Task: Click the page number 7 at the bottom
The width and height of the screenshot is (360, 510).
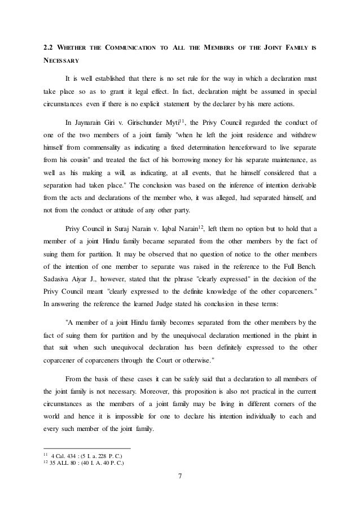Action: (x=179, y=481)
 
